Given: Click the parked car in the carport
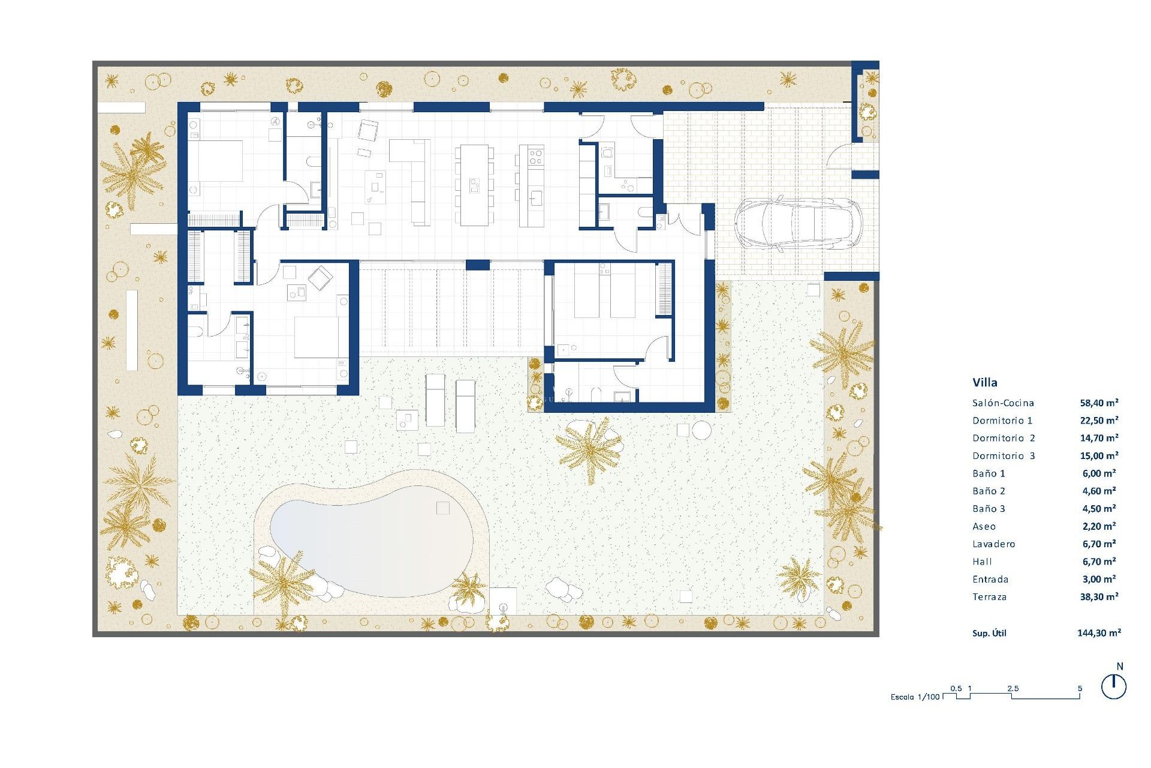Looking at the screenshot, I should tap(797, 223).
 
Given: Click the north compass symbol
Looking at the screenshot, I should tap(1114, 686).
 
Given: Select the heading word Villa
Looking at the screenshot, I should tap(985, 382).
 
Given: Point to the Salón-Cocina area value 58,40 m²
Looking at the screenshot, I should tap(1099, 403).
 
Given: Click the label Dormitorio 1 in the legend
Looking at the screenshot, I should tap(1002, 421).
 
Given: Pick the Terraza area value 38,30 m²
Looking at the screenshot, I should tap(1099, 597).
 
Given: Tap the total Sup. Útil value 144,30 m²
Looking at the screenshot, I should tap(1099, 632).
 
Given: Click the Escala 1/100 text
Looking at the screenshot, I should tap(915, 697).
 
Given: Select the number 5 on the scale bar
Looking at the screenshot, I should tap(1080, 688).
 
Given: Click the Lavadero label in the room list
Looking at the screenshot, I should tap(993, 544).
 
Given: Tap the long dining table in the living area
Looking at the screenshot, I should tap(474, 185).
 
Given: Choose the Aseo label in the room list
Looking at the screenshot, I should tap(984, 527).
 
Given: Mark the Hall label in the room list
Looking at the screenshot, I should tap(982, 562).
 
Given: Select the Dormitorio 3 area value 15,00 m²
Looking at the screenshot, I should tap(1099, 456).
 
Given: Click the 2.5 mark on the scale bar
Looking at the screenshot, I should tap(1013, 688).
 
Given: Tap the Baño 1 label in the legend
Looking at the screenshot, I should tap(989, 473).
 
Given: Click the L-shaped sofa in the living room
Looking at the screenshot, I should tap(414, 174).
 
